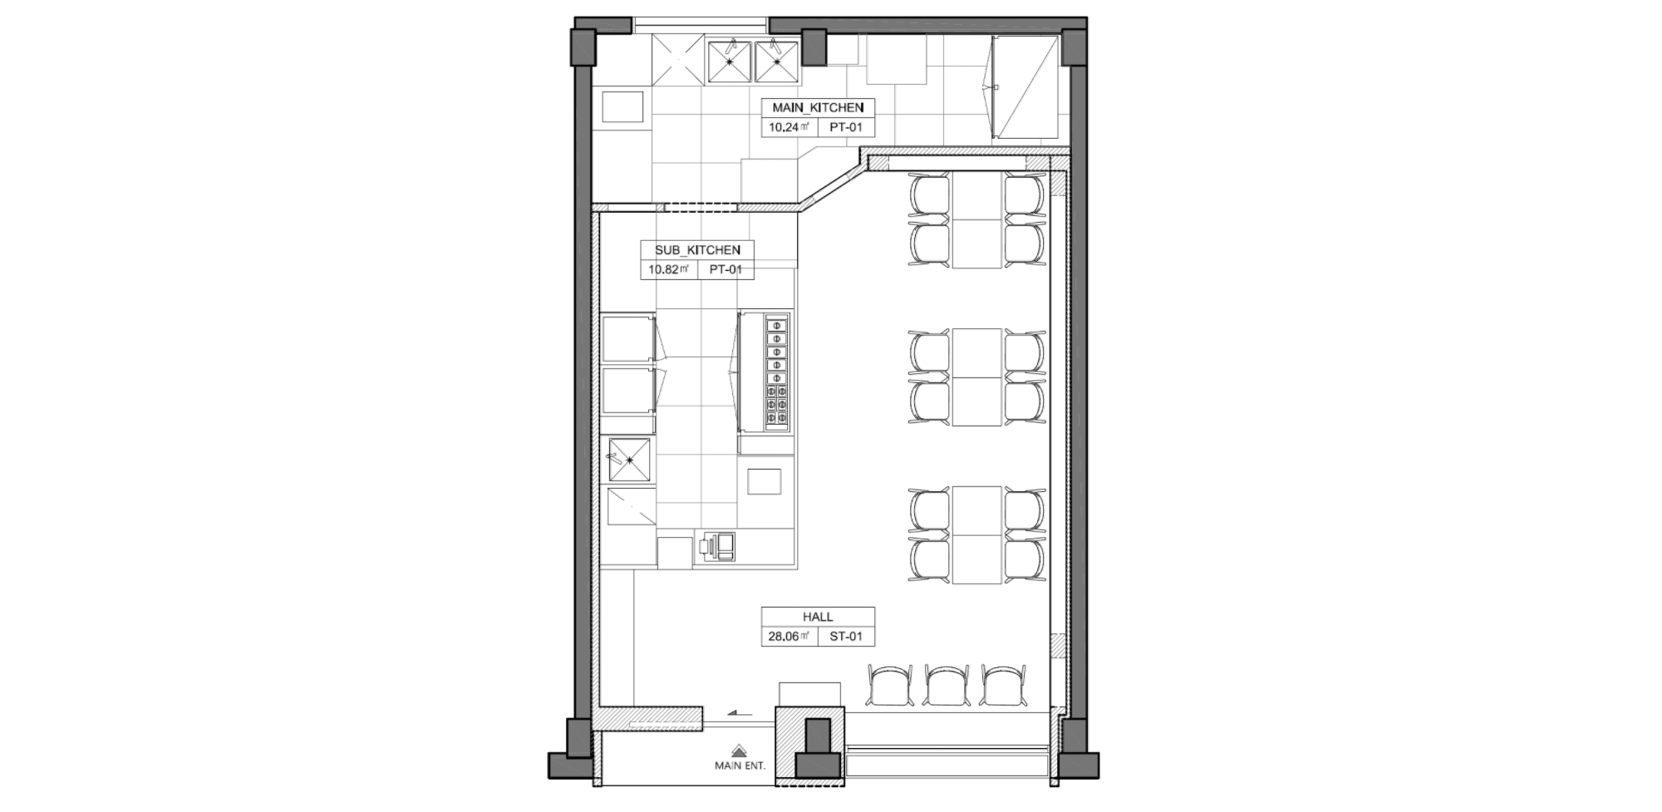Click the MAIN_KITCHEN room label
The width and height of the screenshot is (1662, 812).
point(818,107)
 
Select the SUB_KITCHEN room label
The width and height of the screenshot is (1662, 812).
point(697,250)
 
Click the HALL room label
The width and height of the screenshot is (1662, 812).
point(818,617)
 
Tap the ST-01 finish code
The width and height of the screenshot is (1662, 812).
point(846,637)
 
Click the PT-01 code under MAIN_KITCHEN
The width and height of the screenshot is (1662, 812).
point(846,127)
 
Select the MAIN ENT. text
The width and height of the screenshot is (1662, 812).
point(740,765)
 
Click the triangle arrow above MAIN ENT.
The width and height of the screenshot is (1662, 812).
point(739,750)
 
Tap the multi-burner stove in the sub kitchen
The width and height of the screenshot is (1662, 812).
point(776,372)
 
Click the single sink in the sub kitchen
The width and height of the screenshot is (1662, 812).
point(629,460)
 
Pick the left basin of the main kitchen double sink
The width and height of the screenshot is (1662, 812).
point(729,62)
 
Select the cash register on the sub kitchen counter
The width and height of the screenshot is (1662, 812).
point(716,546)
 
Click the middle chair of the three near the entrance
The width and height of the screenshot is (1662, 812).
point(947,686)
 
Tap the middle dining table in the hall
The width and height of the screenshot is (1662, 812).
point(976,376)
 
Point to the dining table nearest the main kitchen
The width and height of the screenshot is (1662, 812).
point(976,219)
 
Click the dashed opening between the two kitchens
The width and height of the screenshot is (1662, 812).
point(701,208)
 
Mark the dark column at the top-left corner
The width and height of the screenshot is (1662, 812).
point(582,47)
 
